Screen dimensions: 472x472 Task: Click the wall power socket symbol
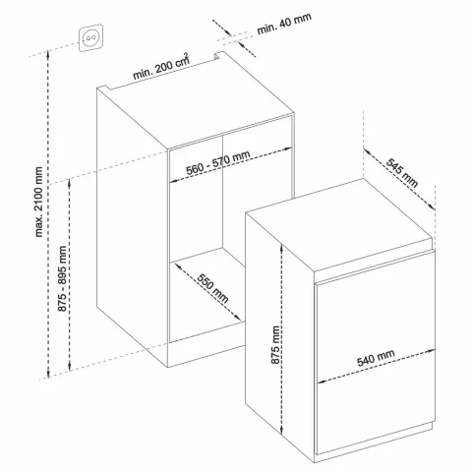(x=90, y=37)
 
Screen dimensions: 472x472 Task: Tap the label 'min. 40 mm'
(x=284, y=24)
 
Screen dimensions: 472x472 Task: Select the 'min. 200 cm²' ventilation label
(x=161, y=67)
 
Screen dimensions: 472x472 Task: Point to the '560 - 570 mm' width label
(x=218, y=162)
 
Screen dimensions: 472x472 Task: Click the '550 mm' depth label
(x=212, y=287)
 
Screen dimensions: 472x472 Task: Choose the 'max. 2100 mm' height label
(x=38, y=202)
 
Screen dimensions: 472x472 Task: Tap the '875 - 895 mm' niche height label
(x=62, y=278)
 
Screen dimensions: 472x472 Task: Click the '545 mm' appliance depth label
(x=402, y=172)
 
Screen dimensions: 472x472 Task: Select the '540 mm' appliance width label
(x=376, y=358)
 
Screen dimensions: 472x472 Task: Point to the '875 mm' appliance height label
(x=275, y=344)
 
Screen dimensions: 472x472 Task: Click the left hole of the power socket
(x=88, y=38)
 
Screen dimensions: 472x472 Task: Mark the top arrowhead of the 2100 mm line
(x=48, y=52)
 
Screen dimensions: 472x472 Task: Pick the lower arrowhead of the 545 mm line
(x=432, y=206)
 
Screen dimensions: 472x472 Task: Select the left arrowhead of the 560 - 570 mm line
(x=174, y=180)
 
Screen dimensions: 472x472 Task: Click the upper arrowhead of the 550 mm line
(x=178, y=265)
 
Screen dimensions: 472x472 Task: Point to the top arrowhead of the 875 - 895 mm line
(x=70, y=182)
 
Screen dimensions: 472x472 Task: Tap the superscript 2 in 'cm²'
(x=187, y=55)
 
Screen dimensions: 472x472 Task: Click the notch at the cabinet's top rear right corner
(x=217, y=55)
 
